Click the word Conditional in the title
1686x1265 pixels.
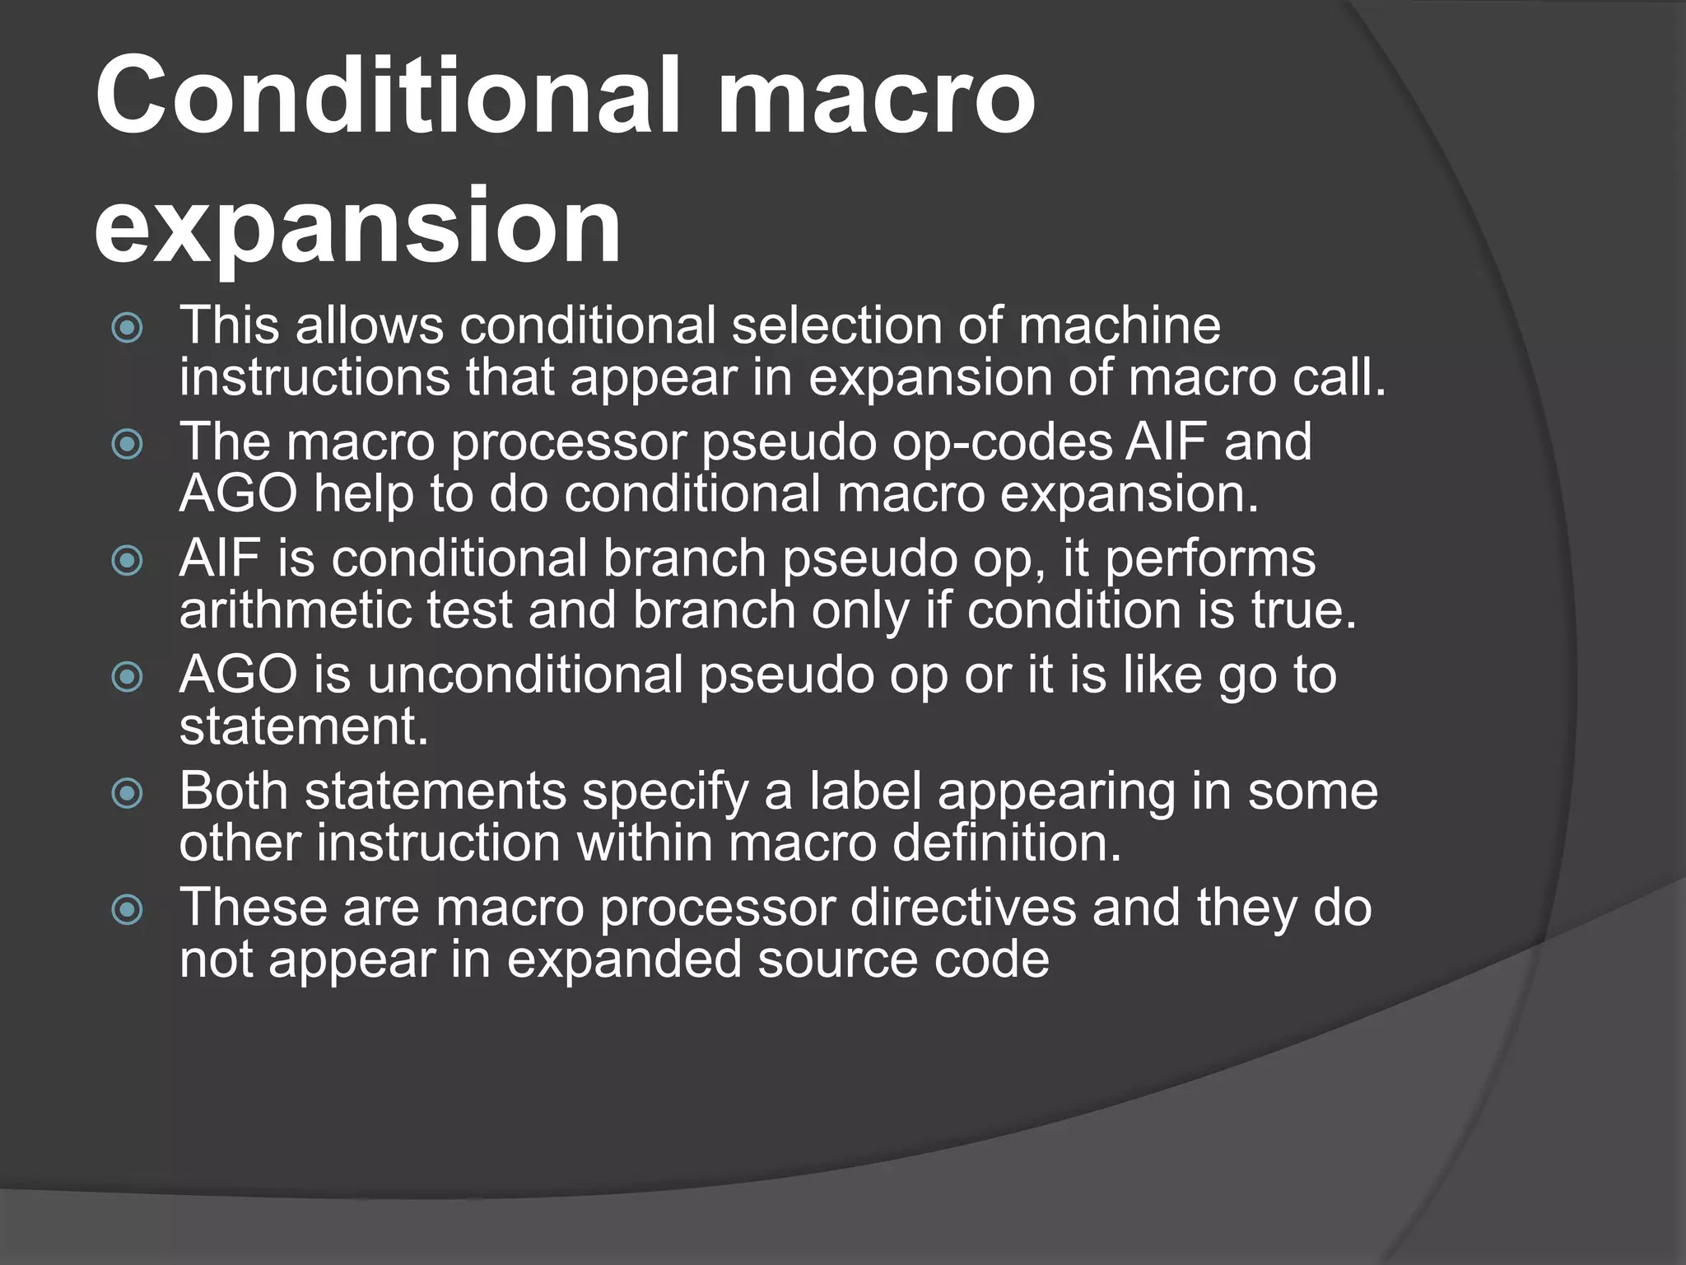pyautogui.click(x=387, y=97)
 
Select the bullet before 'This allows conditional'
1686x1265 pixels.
pyautogui.click(x=128, y=329)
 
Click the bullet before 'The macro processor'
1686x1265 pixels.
pyautogui.click(x=128, y=446)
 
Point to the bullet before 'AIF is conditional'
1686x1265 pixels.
pyautogui.click(x=128, y=562)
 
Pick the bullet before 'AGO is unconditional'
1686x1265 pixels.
pyautogui.click(x=128, y=678)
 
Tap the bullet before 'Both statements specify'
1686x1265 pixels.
pyautogui.click(x=128, y=794)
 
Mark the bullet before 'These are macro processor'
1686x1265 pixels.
pyautogui.click(x=128, y=910)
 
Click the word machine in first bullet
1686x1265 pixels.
pyautogui.click(x=1119, y=325)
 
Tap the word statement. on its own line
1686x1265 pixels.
pyautogui.click(x=304, y=727)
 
